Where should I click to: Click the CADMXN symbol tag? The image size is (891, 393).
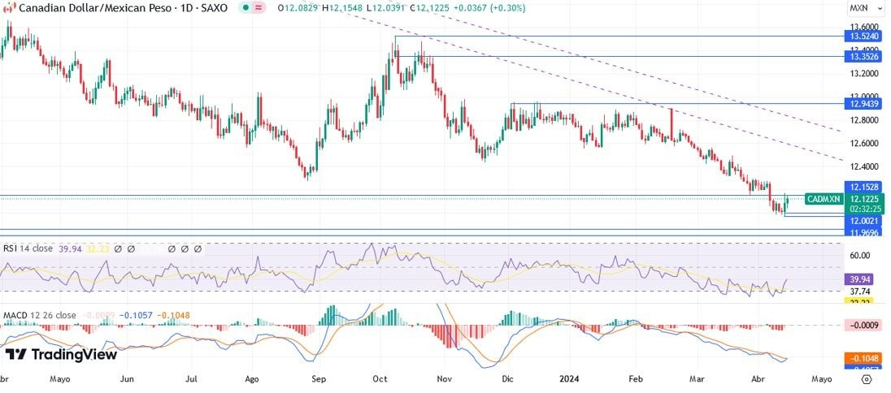click(823, 199)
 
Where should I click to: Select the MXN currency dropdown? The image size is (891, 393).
click(862, 8)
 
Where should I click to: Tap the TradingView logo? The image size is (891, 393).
click(61, 354)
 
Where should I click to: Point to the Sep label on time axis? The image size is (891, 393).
click(319, 378)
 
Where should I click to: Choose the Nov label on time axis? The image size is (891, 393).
click(444, 378)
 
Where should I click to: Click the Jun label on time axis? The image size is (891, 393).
click(127, 378)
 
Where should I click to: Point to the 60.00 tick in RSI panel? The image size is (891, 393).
click(860, 255)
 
